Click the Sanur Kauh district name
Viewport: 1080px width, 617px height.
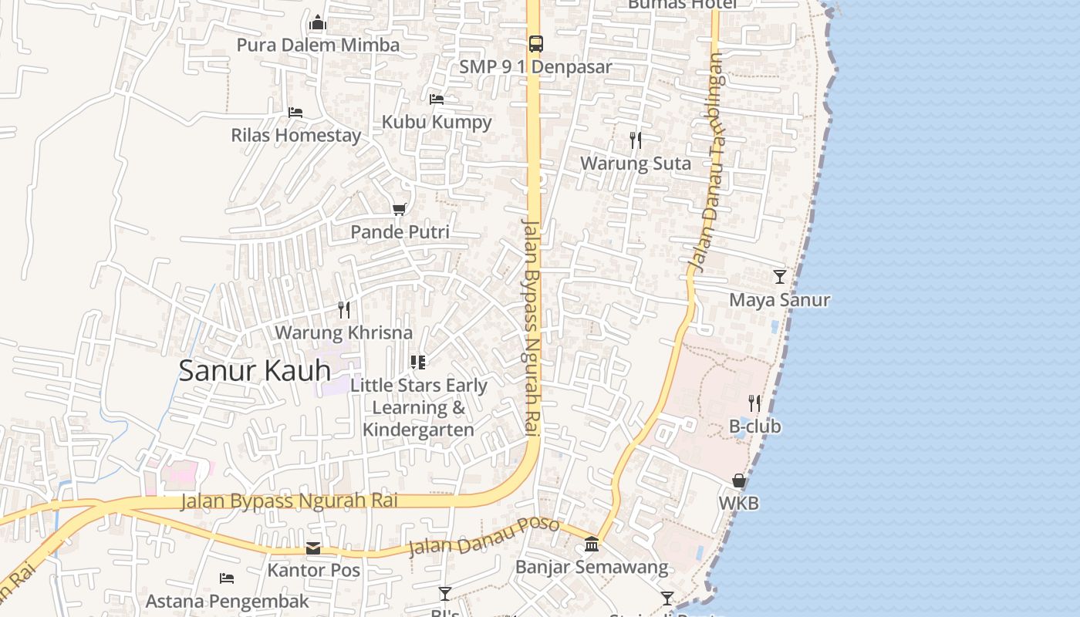(255, 371)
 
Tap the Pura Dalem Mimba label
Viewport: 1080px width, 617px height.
(318, 45)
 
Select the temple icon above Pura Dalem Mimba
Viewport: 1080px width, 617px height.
(318, 23)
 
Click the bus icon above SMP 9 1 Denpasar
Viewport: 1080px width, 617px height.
(535, 43)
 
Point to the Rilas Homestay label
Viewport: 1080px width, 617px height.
(296, 135)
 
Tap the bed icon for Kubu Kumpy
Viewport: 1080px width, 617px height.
(436, 99)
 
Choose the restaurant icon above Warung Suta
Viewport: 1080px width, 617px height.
(636, 140)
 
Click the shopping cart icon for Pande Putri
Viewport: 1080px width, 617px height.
(400, 209)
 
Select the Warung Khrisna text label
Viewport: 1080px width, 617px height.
(344, 332)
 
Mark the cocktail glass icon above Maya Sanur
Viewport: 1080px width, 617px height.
(780, 277)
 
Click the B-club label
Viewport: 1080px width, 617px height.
(754, 427)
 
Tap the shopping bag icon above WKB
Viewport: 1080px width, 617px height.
(739, 480)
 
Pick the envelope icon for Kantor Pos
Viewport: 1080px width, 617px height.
(313, 548)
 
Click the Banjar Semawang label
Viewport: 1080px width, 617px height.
(592, 568)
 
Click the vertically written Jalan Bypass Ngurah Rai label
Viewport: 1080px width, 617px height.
(532, 328)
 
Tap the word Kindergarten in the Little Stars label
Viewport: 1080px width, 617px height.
(419, 430)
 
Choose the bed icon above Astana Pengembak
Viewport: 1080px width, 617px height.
(227, 578)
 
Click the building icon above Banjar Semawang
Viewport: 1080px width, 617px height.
(592, 545)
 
